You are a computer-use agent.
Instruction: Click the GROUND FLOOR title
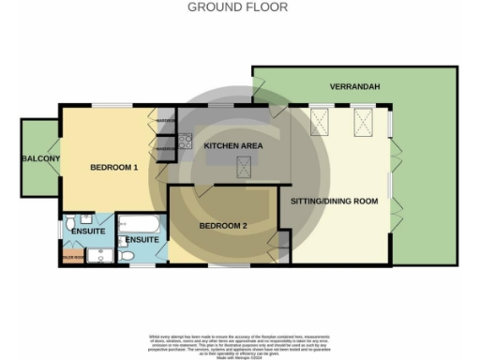coord(238,7)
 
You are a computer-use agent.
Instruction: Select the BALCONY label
coord(40,158)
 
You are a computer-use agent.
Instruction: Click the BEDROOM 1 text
coord(114,168)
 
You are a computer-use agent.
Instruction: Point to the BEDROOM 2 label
coord(223,226)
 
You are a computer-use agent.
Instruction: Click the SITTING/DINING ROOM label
coord(335,202)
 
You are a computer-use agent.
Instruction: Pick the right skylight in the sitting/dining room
coord(362,122)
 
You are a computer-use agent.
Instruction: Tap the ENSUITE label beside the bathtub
coord(142,240)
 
